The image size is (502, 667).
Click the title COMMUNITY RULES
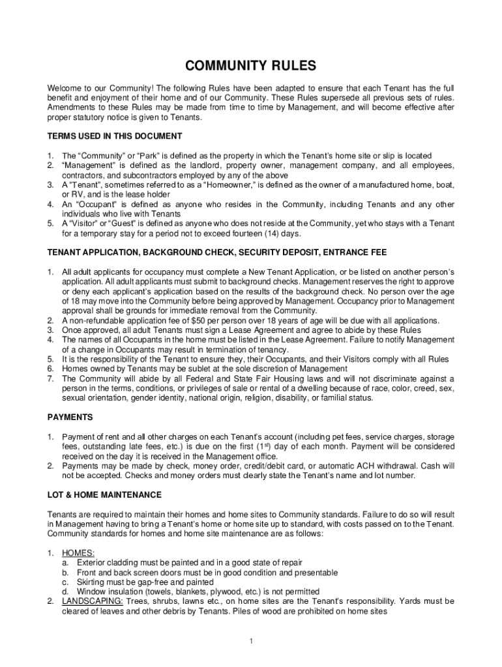tap(251, 66)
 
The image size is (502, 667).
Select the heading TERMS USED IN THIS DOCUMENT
tap(115, 136)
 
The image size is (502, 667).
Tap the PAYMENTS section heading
tap(70, 417)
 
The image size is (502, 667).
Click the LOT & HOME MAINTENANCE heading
tap(105, 495)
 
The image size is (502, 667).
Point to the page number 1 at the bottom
tap(251, 641)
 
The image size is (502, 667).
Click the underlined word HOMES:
tap(78, 553)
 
